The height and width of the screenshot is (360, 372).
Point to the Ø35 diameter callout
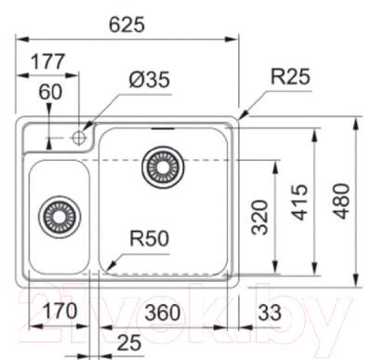point(148,81)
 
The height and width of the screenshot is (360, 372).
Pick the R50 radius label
point(147,238)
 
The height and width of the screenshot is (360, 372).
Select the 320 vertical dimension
point(261,216)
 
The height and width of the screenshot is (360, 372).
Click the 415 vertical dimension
point(299,202)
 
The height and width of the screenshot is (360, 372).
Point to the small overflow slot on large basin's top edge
point(166,127)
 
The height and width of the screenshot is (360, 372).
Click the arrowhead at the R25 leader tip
point(240,118)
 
